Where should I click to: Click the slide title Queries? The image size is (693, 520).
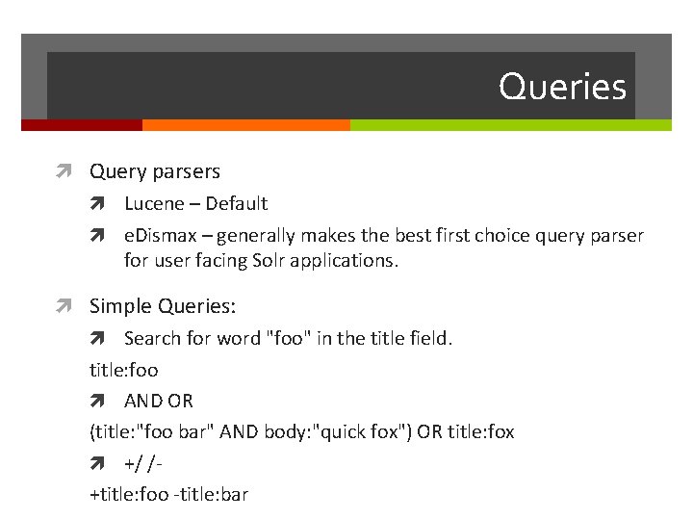coord(562,88)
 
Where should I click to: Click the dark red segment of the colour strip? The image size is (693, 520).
coord(81,125)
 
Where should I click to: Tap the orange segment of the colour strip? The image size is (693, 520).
coord(245,125)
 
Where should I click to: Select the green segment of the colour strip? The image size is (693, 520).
coord(510,125)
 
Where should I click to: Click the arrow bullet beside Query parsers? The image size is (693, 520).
coord(64,172)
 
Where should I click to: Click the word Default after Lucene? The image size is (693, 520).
coord(237,204)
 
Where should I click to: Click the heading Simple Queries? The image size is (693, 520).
coord(163,306)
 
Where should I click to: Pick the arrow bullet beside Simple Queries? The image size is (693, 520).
coord(64,307)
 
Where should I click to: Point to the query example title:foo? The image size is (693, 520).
coord(123,370)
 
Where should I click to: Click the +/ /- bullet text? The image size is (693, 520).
coord(142,463)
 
